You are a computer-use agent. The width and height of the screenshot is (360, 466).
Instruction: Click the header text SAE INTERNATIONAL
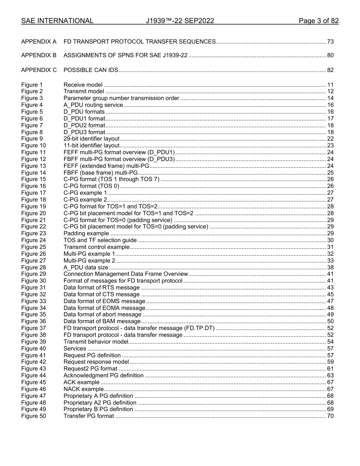point(57,21)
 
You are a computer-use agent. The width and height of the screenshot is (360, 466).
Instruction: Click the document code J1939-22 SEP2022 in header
point(180,21)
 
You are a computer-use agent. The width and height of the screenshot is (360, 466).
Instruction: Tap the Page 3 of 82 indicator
point(318,21)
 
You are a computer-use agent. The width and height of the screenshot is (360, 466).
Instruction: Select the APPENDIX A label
point(39,41)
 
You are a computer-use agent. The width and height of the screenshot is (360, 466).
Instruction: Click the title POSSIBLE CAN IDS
point(91,70)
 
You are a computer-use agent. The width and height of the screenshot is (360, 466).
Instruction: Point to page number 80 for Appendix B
point(330,56)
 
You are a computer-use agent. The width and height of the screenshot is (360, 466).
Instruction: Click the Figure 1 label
point(32,85)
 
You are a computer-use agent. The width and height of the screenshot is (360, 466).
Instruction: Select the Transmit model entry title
point(83,91)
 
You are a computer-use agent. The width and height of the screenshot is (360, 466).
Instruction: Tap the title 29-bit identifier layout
point(91,139)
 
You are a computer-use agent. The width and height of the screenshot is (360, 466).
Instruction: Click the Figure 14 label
point(33,173)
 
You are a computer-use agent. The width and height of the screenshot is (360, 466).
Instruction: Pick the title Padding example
point(86,233)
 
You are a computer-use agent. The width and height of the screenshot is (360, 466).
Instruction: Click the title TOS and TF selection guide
point(100,240)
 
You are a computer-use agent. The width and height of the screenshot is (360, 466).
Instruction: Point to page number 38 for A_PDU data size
point(330,267)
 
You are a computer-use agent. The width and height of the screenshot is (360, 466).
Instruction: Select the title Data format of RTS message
point(102,288)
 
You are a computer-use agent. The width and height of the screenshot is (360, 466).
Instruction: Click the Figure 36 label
point(33,321)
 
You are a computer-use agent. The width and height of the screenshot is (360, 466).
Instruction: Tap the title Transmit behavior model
point(96,342)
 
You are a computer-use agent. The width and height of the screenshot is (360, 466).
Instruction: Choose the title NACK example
point(83,389)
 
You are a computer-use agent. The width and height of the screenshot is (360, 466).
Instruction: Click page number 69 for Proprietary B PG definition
point(330,409)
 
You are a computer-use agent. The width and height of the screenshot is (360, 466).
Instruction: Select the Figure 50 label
point(33,416)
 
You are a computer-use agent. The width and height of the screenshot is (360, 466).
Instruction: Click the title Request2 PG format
point(90,369)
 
